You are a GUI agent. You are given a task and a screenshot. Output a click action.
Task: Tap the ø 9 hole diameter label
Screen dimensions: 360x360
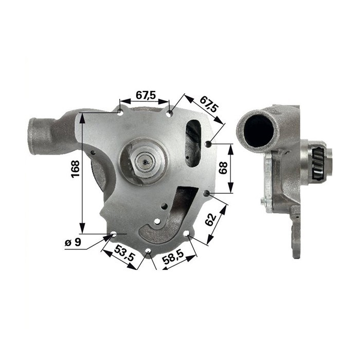tap(74, 242)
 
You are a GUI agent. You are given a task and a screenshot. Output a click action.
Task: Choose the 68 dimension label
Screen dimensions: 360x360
tap(223, 168)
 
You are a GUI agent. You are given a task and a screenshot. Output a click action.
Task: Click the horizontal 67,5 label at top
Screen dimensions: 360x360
tap(146, 95)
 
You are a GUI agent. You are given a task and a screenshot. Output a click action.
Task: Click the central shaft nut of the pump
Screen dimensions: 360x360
tap(146, 164)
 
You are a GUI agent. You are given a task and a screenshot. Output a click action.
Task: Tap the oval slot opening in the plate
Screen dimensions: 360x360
tap(193, 143)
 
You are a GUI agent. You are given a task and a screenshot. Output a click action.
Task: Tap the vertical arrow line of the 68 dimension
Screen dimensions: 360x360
tap(231, 168)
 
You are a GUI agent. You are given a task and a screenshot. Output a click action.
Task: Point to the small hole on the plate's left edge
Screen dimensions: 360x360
tap(93, 153)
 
